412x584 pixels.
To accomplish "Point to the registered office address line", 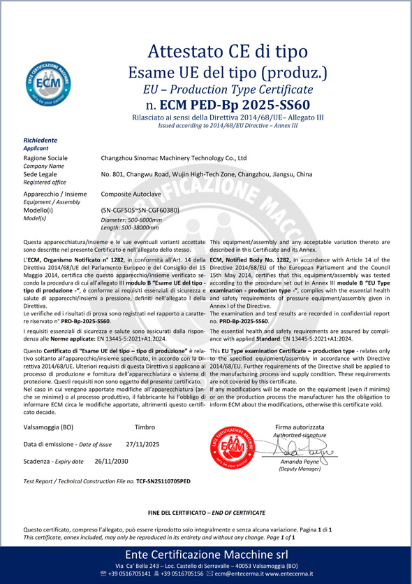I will tap(207, 174).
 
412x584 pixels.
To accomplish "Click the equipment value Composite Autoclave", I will tap(131, 193).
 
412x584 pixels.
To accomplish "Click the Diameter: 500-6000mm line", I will tap(131, 220).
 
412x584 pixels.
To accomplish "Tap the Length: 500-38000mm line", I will tap(130, 228).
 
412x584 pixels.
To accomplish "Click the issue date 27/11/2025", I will tap(142, 443).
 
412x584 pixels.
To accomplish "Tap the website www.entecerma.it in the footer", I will tap(300, 574).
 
